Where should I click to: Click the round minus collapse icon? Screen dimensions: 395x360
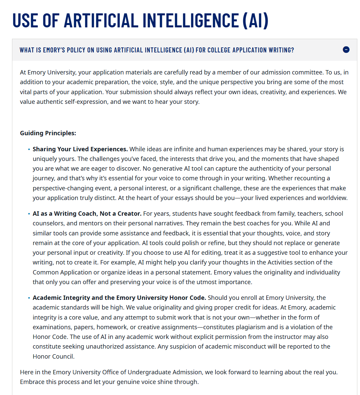tap(346, 50)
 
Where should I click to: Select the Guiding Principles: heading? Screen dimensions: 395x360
tap(48, 133)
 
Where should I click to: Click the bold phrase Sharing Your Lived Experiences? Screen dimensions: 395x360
tap(80, 149)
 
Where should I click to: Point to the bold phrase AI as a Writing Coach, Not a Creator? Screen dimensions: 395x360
tap(87, 213)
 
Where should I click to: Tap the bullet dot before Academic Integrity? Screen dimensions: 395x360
tap(29, 298)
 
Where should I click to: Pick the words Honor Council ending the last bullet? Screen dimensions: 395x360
tap(53, 356)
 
